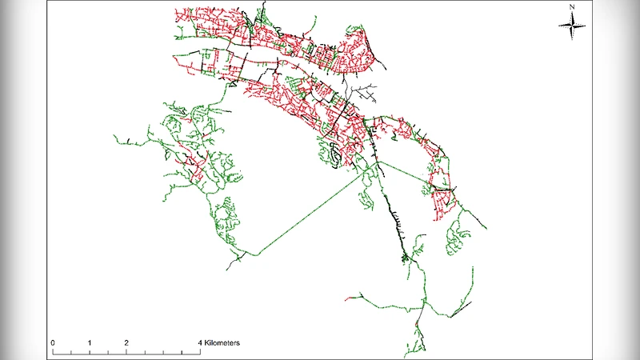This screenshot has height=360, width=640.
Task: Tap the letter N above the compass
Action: [x=573, y=7]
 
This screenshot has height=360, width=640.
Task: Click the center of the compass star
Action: [x=573, y=26]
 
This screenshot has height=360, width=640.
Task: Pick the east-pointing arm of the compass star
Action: [x=582, y=26]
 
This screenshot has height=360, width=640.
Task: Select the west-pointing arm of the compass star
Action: [x=563, y=26]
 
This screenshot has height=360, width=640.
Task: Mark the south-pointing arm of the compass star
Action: [x=573, y=34]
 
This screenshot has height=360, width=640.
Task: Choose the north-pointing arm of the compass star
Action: [x=573, y=16]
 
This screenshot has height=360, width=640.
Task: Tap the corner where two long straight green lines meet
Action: [x=378, y=162]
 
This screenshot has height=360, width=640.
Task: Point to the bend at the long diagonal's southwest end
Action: [x=254, y=255]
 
